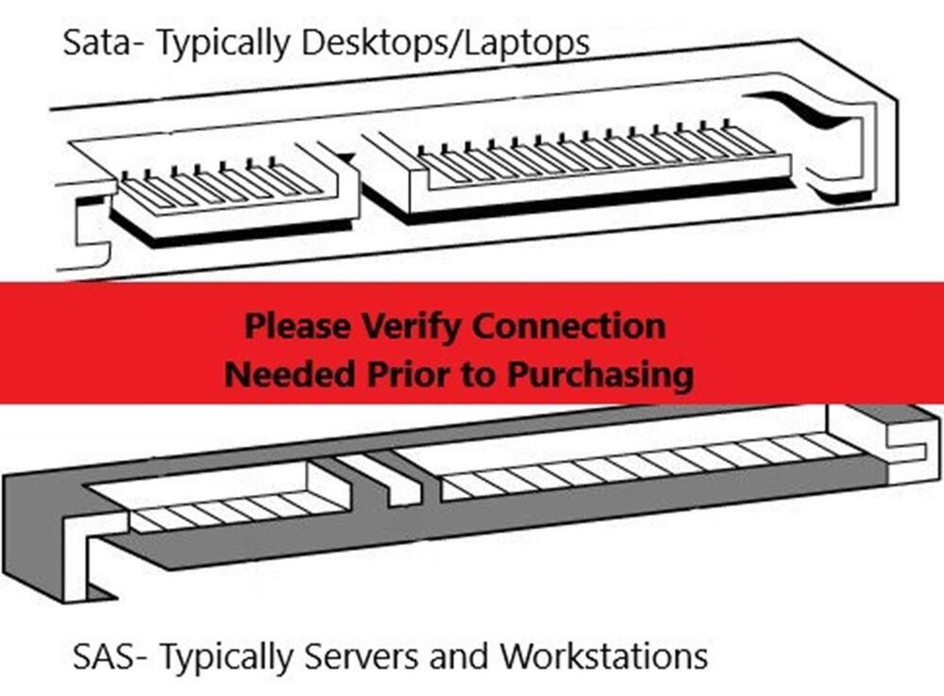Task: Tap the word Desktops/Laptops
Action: (446, 44)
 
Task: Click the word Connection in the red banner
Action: (569, 326)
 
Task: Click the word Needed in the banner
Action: (290, 374)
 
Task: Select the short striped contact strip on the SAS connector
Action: (238, 510)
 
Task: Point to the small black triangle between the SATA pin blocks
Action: (347, 158)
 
